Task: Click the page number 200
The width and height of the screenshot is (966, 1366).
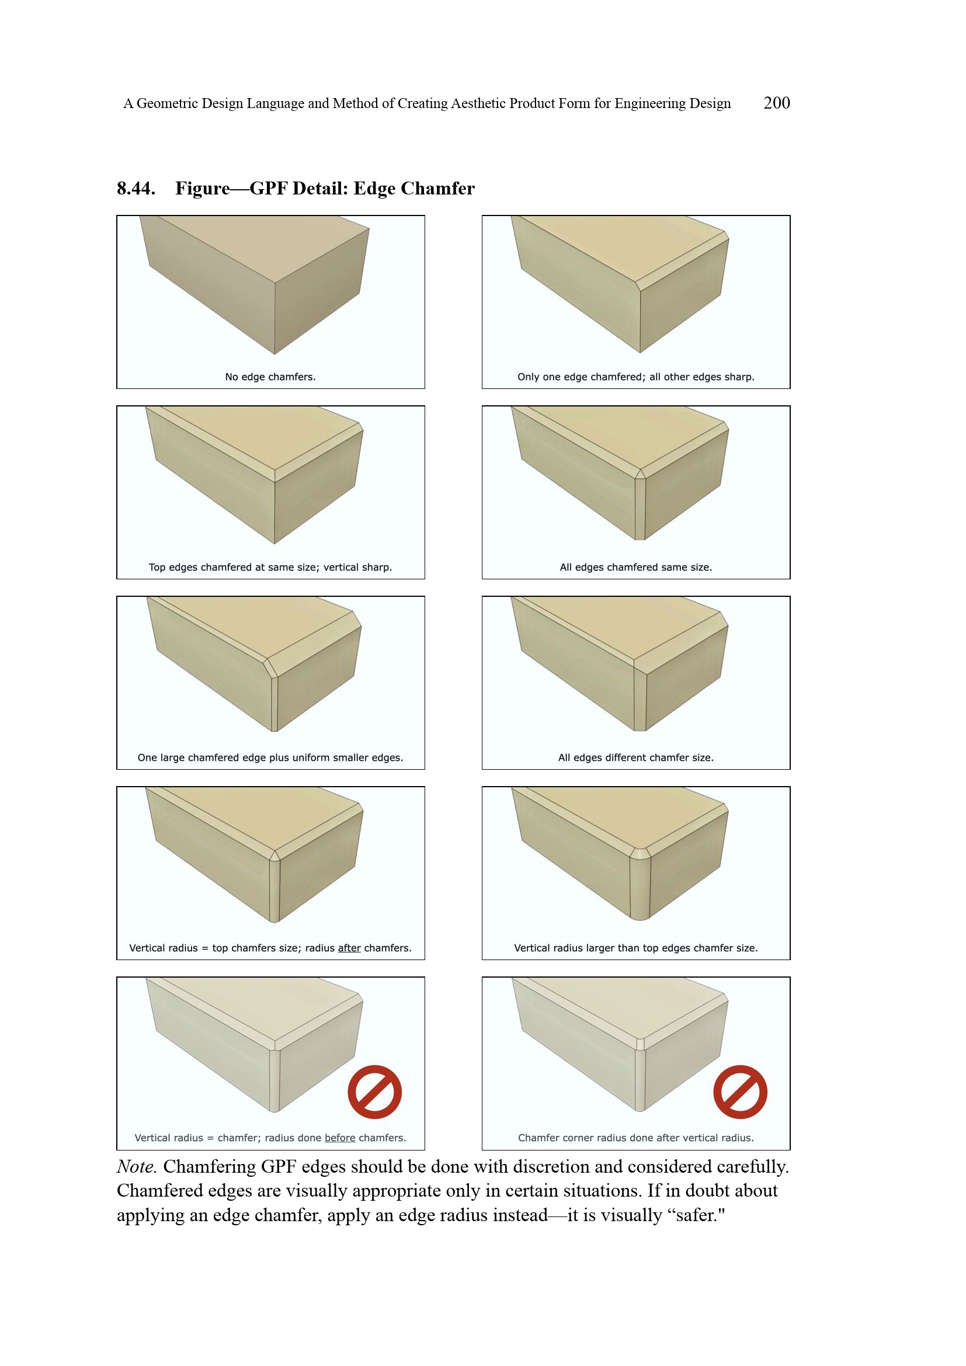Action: coord(776,103)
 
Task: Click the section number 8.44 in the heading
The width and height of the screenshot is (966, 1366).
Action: coord(136,188)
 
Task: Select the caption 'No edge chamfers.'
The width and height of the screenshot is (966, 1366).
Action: coord(270,377)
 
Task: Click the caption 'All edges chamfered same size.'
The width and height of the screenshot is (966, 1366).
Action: coord(636,567)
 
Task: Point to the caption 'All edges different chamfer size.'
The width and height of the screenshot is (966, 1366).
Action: coord(636,757)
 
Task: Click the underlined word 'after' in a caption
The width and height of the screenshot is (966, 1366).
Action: coord(349,948)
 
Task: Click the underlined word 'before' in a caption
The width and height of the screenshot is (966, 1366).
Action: coord(340,1138)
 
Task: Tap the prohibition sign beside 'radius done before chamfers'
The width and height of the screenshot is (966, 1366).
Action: coord(375,1092)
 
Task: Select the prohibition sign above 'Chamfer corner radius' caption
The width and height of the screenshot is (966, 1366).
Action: coord(740,1092)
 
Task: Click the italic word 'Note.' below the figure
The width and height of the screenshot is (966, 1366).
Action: coord(137,1167)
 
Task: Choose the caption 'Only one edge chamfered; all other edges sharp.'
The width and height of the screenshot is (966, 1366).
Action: coord(636,377)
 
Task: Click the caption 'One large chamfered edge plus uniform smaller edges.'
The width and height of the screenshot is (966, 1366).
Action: coord(270,757)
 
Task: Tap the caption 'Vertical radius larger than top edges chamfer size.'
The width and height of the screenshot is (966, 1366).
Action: coord(636,948)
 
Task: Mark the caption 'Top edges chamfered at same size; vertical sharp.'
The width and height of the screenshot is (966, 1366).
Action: coord(270,567)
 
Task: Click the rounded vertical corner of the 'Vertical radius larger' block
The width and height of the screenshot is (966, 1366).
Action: coord(640,887)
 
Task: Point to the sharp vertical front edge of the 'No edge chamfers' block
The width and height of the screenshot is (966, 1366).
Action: coord(275,318)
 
